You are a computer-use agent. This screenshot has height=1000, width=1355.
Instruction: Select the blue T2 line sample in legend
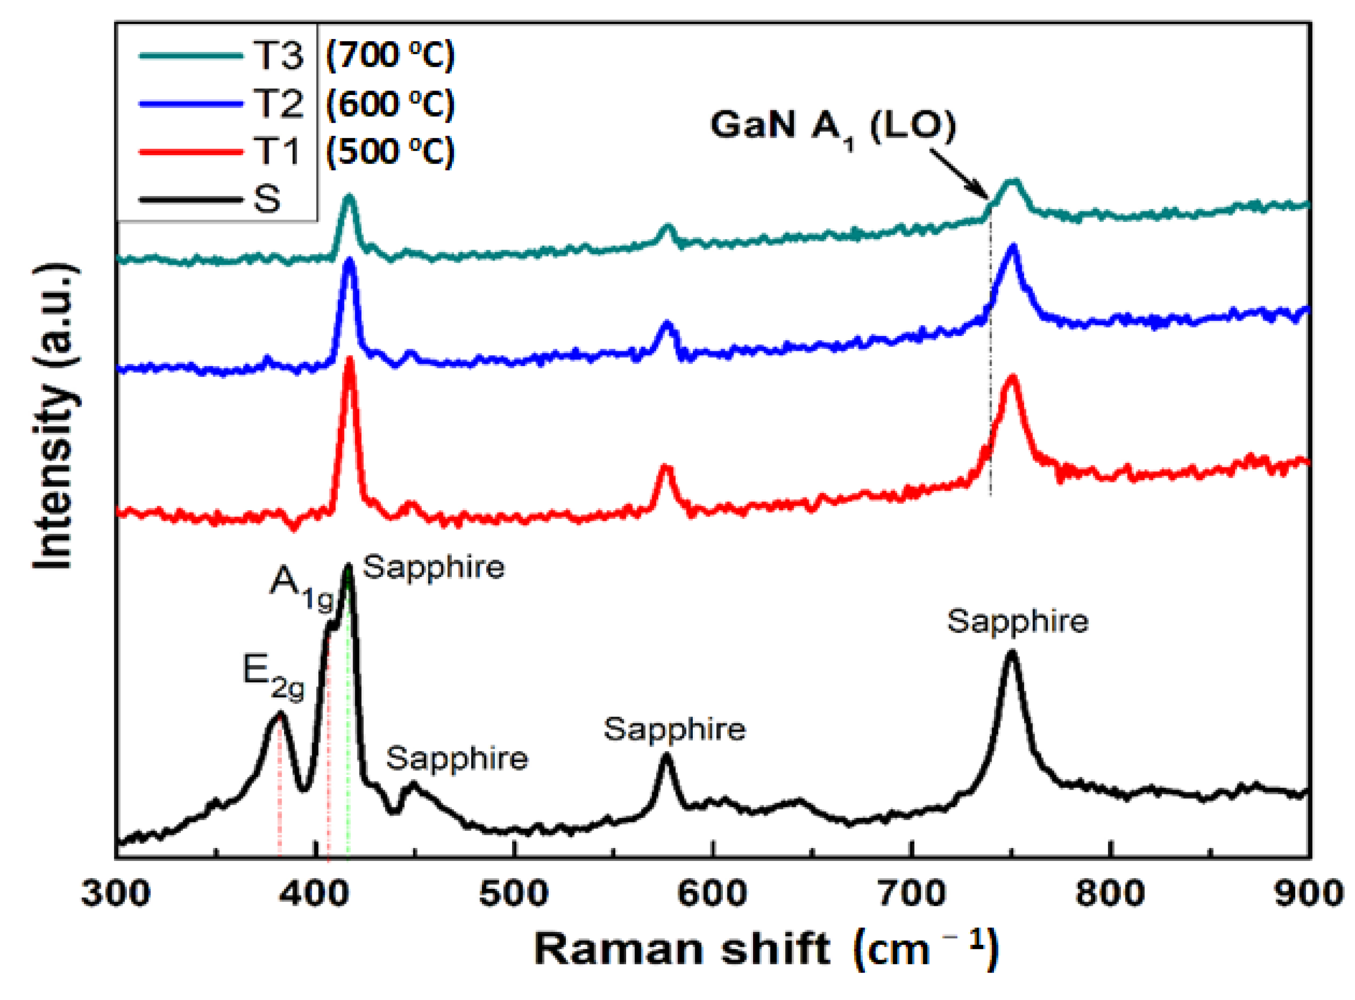[x=190, y=103]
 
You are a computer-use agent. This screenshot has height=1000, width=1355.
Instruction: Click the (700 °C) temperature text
[x=390, y=56]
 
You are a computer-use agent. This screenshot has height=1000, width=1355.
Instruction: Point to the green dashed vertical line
[x=348, y=727]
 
